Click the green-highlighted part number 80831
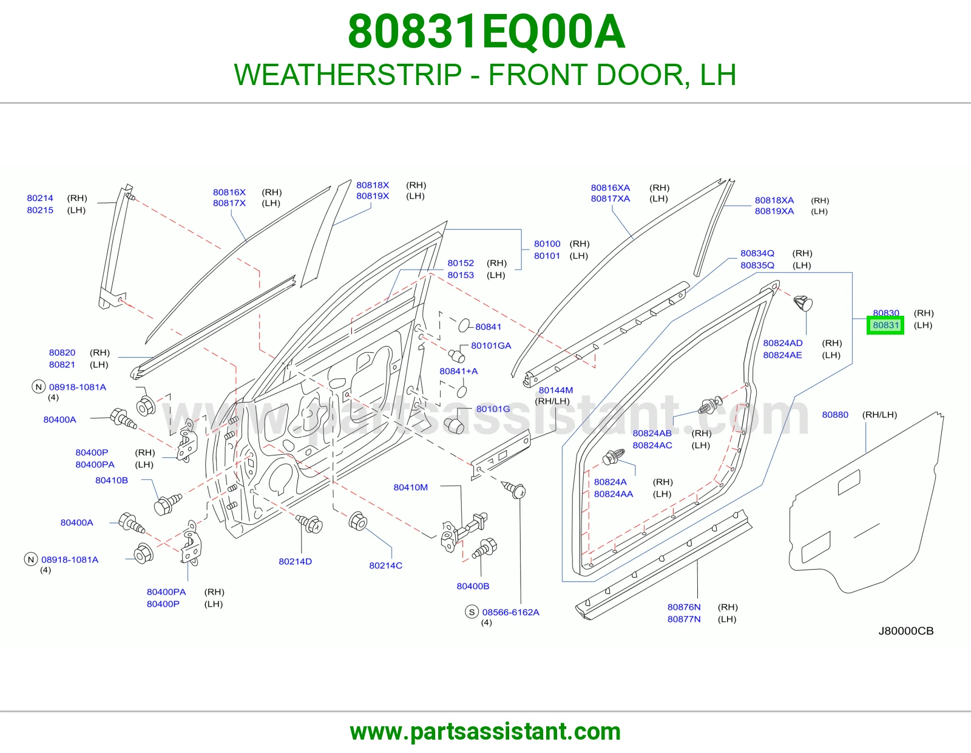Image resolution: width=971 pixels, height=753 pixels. (885, 325)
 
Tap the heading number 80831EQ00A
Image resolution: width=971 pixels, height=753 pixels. (486, 32)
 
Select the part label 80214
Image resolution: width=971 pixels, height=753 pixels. (40, 198)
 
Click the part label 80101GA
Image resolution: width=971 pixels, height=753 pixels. (491, 346)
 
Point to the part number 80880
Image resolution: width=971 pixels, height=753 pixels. (835, 415)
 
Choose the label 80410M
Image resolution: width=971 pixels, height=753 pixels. (411, 488)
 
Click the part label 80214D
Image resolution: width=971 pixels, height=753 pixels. (296, 562)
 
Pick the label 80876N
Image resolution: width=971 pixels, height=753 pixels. (684, 607)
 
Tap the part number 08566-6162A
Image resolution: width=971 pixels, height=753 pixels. (511, 612)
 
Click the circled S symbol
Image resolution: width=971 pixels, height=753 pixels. (472, 612)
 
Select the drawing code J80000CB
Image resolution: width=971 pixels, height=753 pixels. (906, 631)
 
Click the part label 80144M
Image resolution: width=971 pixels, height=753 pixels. (556, 390)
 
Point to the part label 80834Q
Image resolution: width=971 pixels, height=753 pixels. (757, 253)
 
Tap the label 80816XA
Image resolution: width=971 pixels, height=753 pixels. (611, 188)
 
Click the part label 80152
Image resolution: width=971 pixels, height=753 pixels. (461, 263)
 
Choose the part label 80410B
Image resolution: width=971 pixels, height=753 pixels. (112, 480)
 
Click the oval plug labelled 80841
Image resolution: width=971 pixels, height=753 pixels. (464, 325)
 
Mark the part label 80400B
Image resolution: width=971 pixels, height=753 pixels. (473, 586)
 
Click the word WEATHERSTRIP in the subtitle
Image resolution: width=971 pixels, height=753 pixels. (348, 75)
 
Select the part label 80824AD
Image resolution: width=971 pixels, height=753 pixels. (783, 343)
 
